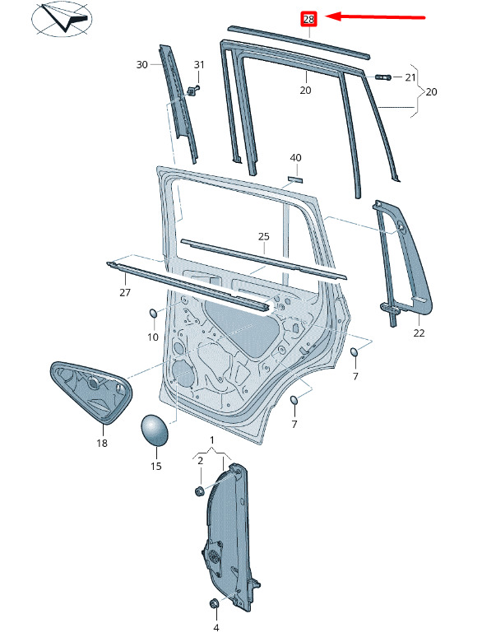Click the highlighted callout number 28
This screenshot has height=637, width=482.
tap(308, 19)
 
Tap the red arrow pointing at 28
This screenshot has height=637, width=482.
tap(376, 17)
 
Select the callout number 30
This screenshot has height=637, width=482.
tap(141, 64)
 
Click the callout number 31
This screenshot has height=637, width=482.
tap(199, 64)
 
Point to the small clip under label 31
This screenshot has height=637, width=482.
tap(193, 91)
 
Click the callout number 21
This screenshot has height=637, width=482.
tap(410, 77)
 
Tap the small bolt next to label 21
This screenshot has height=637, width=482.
tap(383, 77)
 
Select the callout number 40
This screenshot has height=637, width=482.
tap(295, 158)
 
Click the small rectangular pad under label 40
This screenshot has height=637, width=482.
tap(295, 179)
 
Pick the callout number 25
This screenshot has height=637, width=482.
tap(264, 236)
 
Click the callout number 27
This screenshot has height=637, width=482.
tap(125, 292)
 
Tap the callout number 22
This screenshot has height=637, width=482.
tap(419, 332)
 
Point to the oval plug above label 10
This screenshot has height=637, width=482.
tap(154, 314)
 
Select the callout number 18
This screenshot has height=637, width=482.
tap(102, 443)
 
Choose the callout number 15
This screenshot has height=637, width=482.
tap(156, 466)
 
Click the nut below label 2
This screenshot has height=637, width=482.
tap(199, 491)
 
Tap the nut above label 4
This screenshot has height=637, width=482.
tap(215, 603)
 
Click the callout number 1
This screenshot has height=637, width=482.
tap(212, 440)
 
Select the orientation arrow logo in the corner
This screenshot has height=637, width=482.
tap(63, 19)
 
